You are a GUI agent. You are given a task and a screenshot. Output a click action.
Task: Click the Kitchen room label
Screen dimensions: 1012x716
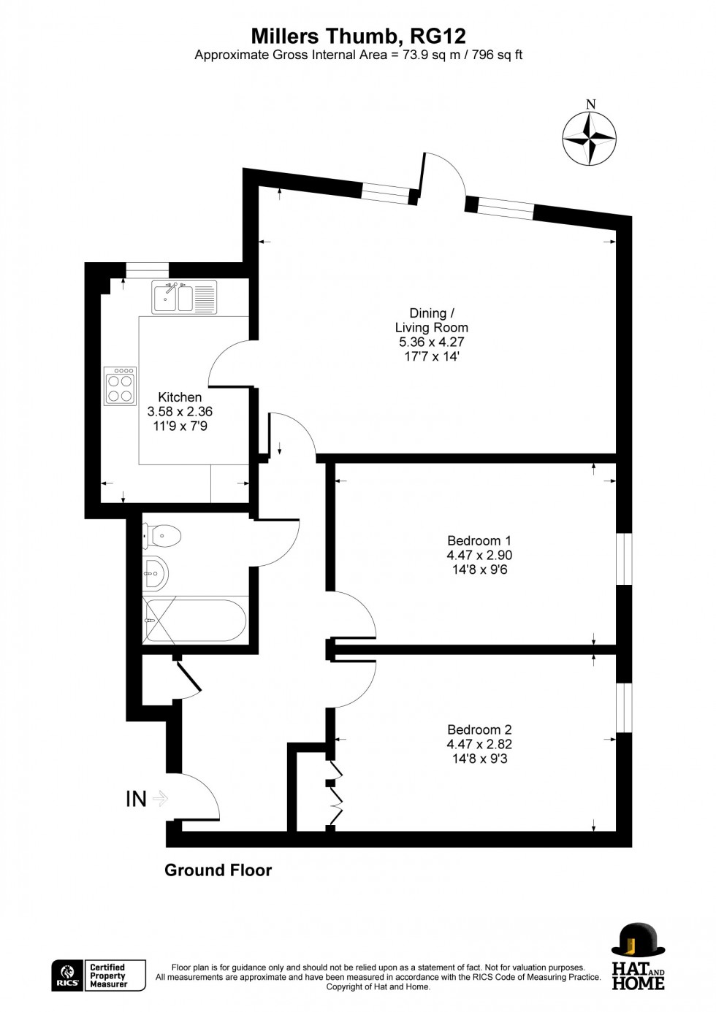(x=180, y=397)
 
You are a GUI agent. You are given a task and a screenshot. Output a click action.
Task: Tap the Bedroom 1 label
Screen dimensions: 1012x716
(x=479, y=541)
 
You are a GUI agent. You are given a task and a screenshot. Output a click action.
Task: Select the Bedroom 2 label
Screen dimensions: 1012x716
(x=479, y=730)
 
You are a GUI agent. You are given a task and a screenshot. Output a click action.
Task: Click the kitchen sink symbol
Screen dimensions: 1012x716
(x=173, y=296)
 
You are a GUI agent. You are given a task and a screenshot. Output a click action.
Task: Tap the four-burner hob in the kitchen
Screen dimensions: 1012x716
(x=121, y=386)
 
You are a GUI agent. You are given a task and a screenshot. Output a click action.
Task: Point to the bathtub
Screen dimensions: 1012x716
(x=195, y=621)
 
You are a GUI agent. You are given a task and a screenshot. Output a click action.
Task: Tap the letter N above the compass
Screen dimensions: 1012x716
(x=591, y=104)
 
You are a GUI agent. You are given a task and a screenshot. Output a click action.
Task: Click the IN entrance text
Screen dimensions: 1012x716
(x=137, y=800)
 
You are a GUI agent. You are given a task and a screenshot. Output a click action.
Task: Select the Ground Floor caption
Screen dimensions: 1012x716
(x=218, y=870)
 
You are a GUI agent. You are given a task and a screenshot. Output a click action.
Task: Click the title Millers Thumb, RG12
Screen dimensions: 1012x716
(x=358, y=36)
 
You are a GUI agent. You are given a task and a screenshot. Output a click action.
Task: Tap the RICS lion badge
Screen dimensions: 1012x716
(x=67, y=975)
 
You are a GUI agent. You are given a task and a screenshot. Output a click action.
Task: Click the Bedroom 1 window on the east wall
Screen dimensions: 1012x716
(x=624, y=559)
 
